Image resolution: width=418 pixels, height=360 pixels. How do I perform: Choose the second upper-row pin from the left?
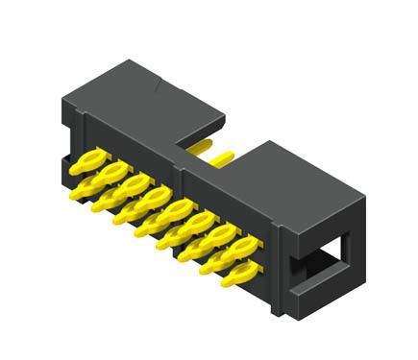click(x=110, y=173)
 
